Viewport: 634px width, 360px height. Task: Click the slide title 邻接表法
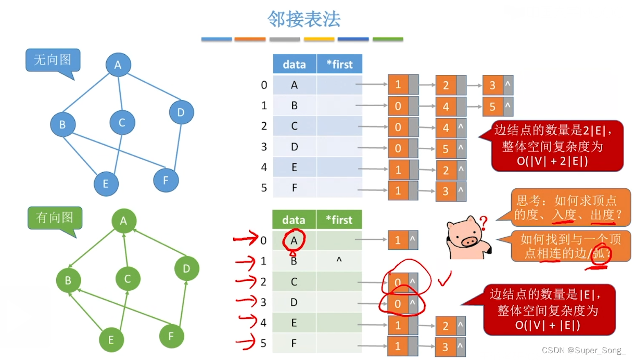point(303,19)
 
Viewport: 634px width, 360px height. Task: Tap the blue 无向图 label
point(52,60)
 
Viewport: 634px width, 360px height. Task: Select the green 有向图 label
point(55,217)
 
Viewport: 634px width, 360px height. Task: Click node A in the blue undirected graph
point(118,65)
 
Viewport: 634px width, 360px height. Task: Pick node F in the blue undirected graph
point(166,181)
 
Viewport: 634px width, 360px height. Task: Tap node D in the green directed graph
point(187,269)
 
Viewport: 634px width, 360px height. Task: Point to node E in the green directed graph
point(111,340)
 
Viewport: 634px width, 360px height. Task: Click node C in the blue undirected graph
point(122,123)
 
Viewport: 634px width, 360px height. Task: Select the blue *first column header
point(339,65)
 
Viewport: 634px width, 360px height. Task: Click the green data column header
point(294,220)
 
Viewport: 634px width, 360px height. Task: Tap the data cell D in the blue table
point(295,147)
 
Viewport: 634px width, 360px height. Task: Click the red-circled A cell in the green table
point(294,240)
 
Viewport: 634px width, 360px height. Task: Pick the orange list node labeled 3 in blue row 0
point(492,85)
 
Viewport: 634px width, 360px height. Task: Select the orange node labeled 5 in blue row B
point(492,107)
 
